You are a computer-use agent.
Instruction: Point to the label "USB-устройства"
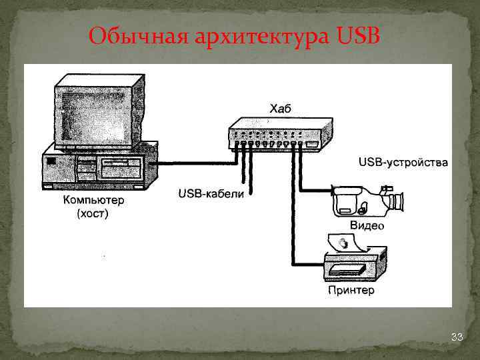tap(403, 162)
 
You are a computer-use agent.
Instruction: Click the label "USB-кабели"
tap(211, 194)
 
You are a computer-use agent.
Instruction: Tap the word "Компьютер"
tap(93, 200)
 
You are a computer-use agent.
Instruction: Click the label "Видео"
tap(367, 226)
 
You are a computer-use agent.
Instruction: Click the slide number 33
tap(457, 338)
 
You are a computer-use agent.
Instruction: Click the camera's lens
tap(399, 202)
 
